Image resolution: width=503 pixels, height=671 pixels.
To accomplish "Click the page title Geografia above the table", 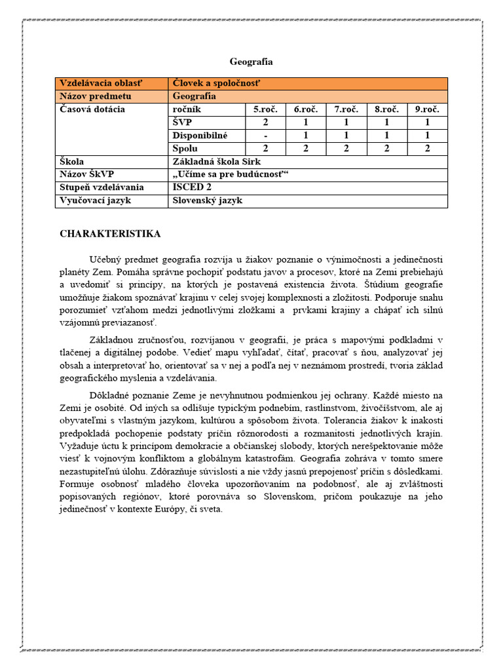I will point(251,62).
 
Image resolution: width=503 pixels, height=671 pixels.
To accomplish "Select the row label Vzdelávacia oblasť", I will point(101,83).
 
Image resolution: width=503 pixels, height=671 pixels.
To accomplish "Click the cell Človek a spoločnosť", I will point(216,83).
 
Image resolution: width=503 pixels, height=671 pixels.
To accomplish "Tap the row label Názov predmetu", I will point(96,96).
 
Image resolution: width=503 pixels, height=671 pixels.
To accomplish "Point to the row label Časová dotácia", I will point(92,109).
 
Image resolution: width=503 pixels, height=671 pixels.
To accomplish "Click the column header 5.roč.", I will point(265,109).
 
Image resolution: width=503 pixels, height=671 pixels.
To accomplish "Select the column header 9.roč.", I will point(427,109).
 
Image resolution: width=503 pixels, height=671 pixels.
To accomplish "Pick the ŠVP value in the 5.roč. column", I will point(265,123).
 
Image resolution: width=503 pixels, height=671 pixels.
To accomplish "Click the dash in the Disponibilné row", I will point(265,136).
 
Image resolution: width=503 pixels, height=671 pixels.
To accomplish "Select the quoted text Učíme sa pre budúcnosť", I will point(230,174).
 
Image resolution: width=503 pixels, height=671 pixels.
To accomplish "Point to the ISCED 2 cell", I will point(192,187).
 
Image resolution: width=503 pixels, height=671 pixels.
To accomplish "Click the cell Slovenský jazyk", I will point(207,201).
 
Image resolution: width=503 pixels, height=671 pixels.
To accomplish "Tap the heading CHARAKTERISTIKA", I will point(110,234).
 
